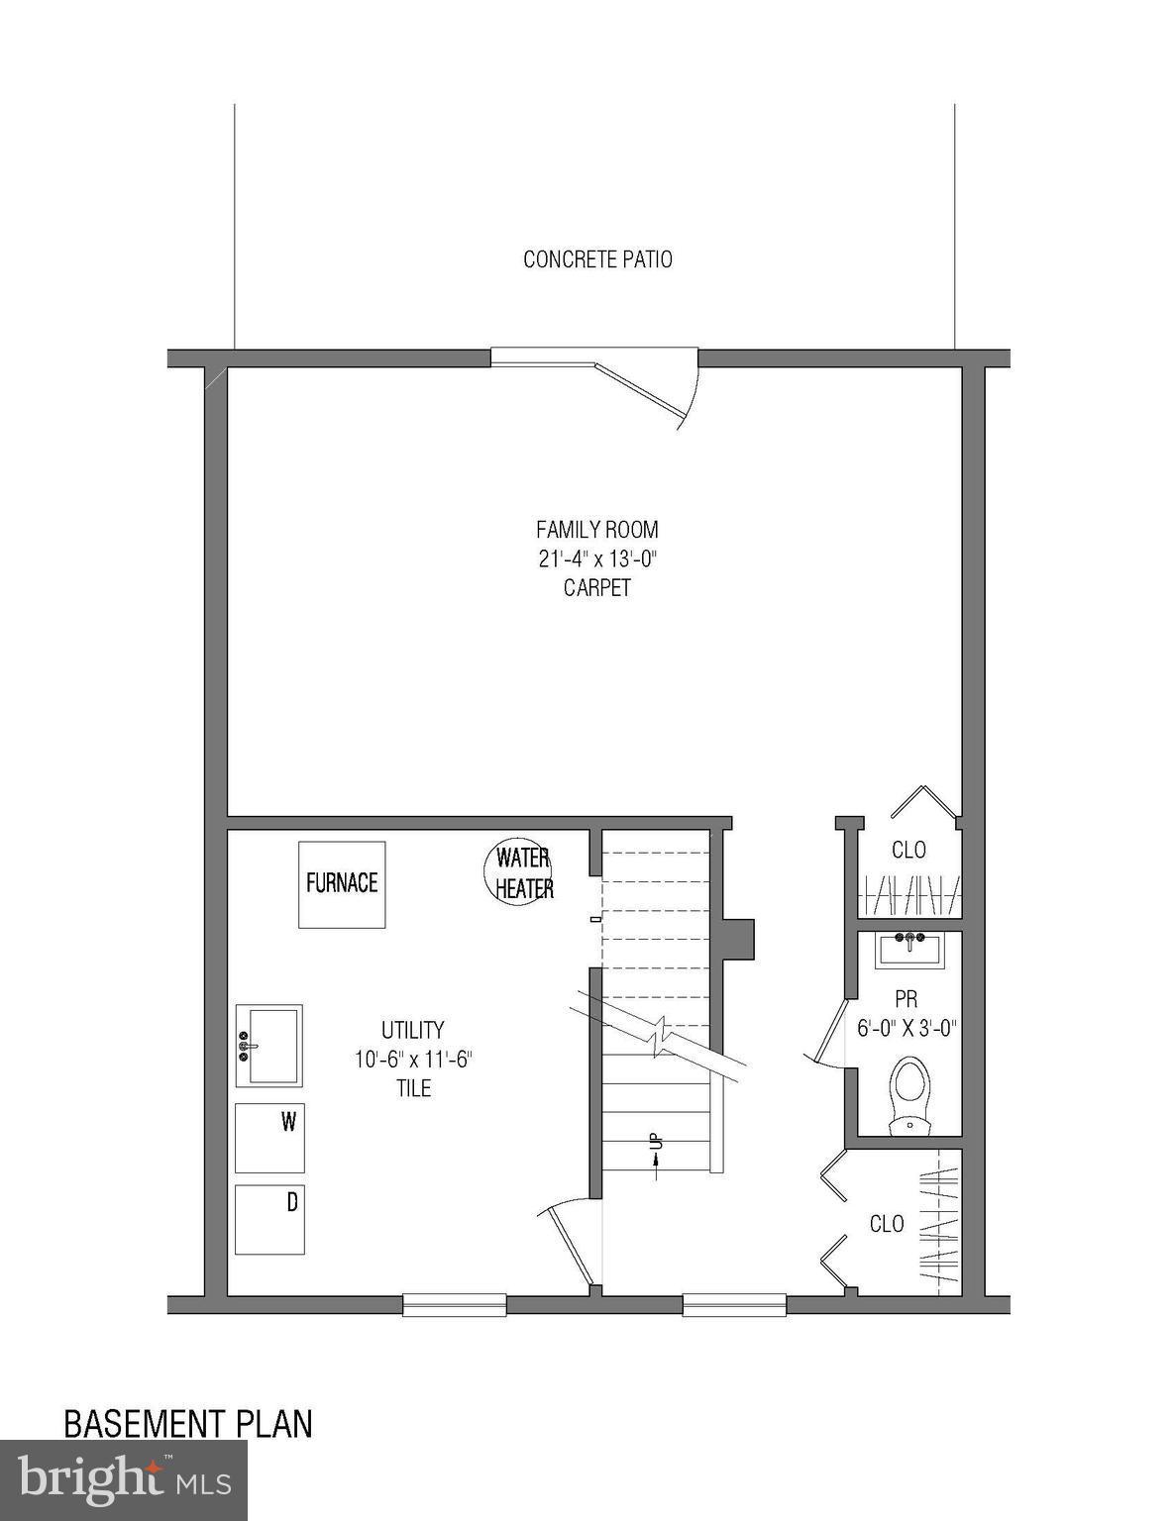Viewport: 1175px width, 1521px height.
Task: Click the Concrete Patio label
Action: pos(597,259)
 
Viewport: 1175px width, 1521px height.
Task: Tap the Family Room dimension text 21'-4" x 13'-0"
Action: pos(597,558)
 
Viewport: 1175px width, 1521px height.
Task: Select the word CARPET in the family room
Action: pos(597,588)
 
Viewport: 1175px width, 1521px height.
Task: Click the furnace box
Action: pos(342,883)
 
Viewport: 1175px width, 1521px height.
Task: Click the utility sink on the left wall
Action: pos(269,1046)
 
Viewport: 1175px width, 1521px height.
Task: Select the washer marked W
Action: pos(269,1138)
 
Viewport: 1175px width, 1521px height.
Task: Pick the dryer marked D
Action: pos(269,1219)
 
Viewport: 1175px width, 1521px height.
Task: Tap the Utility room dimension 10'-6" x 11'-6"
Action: pos(413,1060)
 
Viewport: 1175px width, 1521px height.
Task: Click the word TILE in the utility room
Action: pos(413,1088)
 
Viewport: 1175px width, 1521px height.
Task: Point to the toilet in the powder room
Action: pos(908,1094)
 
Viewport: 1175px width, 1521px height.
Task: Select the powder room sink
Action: pos(910,952)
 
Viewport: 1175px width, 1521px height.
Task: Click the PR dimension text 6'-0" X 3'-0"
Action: pos(906,1029)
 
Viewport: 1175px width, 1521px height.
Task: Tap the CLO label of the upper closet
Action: pos(908,850)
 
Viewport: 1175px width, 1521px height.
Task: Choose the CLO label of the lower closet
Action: pos(886,1224)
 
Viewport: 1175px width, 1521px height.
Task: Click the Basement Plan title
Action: pos(188,1424)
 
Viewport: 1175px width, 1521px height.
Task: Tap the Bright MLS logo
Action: pos(124,1479)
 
